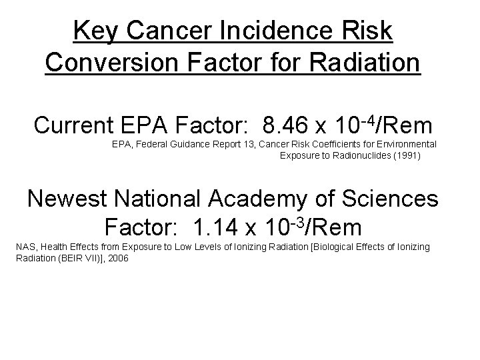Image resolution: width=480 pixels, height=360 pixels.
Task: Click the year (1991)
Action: click(408, 156)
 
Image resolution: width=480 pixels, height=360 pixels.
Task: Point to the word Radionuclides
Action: click(369, 156)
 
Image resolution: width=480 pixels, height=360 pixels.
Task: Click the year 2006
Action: click(118, 258)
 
